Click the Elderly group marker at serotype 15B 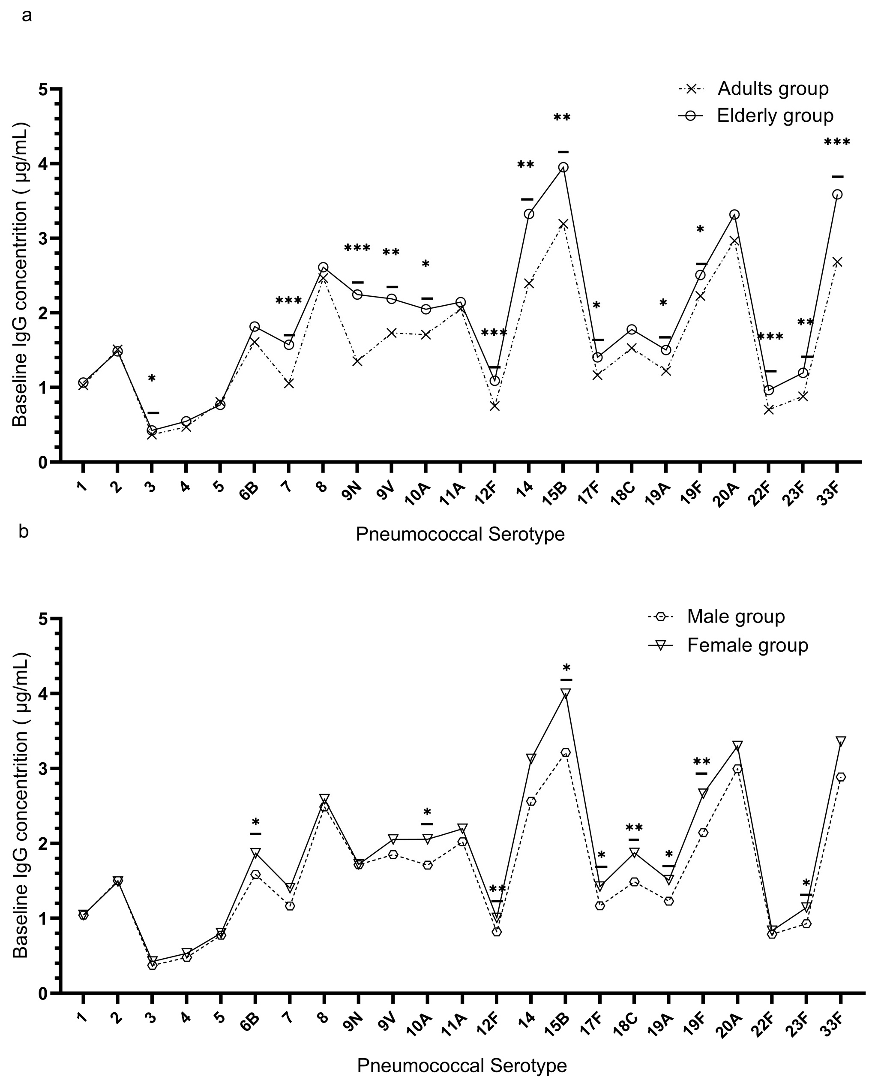(x=563, y=167)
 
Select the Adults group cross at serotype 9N (x=357, y=361)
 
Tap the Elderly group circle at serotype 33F (x=837, y=194)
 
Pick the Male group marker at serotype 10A (x=427, y=865)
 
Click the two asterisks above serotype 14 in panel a (x=525, y=165)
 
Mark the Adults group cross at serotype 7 (x=289, y=383)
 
